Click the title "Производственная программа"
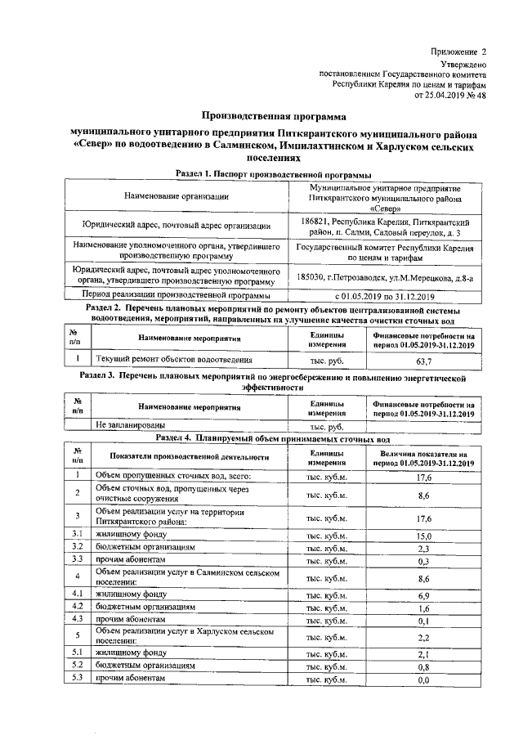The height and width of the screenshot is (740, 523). (x=270, y=117)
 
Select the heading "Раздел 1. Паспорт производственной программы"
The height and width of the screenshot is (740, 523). (x=274, y=174)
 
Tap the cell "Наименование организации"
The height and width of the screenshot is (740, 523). (x=177, y=196)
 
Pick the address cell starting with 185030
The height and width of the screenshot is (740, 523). (x=386, y=277)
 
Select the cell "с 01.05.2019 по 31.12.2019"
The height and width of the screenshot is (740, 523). (x=386, y=295)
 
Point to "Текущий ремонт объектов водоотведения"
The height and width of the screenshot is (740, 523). (x=173, y=359)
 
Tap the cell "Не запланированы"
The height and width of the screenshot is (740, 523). (x=131, y=426)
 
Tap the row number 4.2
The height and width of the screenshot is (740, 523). (x=75, y=608)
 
